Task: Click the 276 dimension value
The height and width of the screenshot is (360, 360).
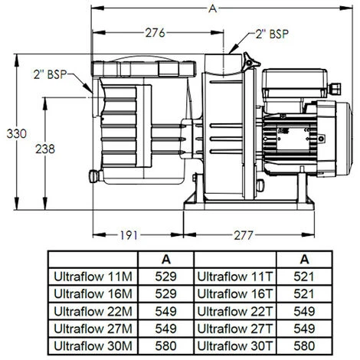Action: point(156,32)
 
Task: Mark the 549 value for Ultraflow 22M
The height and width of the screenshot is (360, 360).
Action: point(165,310)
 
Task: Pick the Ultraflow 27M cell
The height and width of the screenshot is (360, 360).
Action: point(92,327)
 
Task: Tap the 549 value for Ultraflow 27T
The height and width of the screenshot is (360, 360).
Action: point(305,327)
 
